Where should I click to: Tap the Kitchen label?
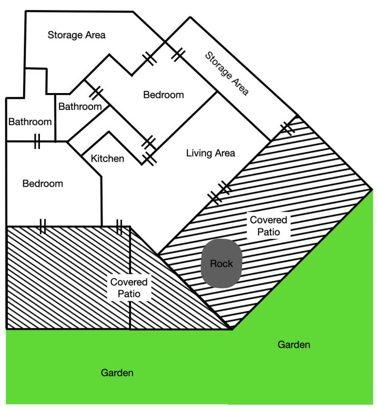[107, 158]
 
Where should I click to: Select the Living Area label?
[210, 153]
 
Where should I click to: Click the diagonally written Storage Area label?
[227, 73]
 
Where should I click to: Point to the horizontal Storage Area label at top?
[77, 35]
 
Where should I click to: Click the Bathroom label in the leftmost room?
[30, 122]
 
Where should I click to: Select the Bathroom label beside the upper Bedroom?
[80, 106]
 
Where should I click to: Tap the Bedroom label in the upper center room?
[163, 95]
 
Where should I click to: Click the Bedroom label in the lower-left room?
[43, 184]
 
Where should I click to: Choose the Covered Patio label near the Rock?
[268, 225]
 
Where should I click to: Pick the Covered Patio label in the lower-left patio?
[129, 288]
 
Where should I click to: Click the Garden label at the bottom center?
[117, 373]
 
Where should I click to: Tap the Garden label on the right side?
[294, 345]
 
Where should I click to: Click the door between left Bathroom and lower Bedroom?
[37, 141]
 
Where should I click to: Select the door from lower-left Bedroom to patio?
[42, 226]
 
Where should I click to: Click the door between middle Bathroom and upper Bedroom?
[96, 92]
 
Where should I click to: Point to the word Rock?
[221, 264]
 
